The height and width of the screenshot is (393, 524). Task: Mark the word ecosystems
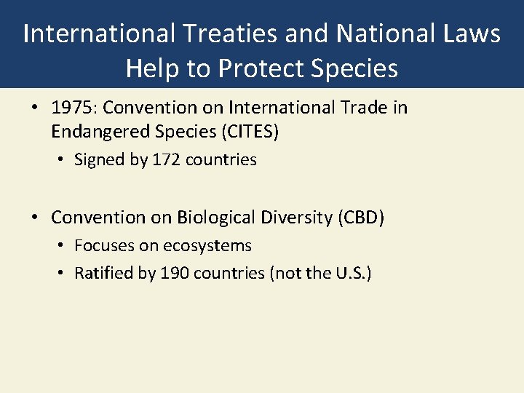tap(209, 246)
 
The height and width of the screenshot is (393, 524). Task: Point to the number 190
tap(173, 274)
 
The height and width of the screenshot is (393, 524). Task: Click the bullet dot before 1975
tap(35, 108)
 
